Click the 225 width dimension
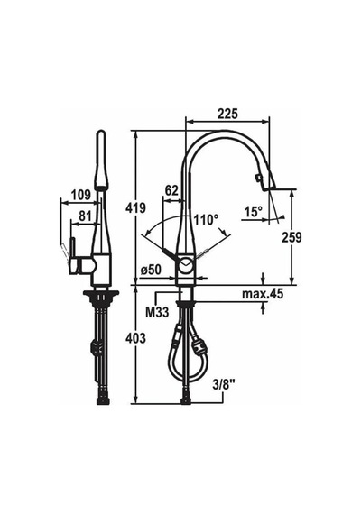point(227,114)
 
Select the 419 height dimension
point(135,207)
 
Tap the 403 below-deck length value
point(135,338)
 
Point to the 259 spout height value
point(292,238)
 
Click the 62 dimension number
point(171,190)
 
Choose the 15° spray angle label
point(253,212)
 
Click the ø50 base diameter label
point(151,270)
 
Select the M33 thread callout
point(157,312)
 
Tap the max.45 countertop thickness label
point(263,294)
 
